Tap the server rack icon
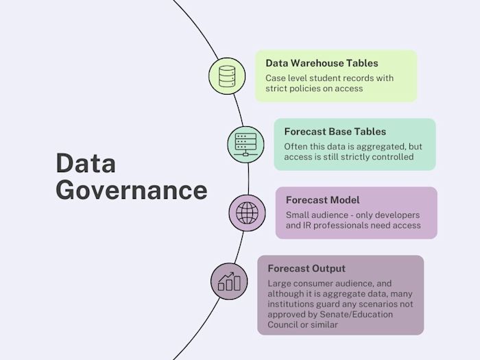click(x=245, y=143)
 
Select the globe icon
click(x=246, y=212)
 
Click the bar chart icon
click(x=229, y=280)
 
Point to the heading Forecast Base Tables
click(x=335, y=131)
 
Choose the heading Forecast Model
click(x=322, y=200)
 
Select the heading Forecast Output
click(x=307, y=268)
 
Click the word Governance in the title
click(x=131, y=189)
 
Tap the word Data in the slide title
click(x=86, y=163)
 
